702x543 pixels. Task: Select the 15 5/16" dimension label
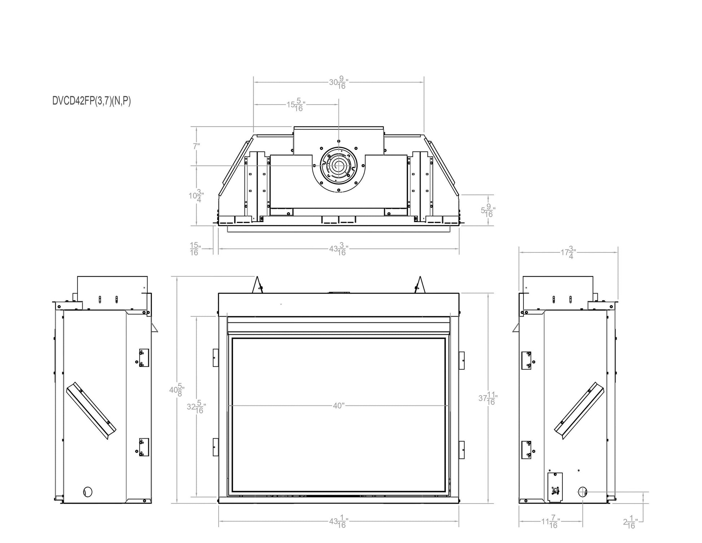point(296,105)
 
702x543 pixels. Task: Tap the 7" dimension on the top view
point(196,146)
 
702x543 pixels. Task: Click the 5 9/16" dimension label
point(488,210)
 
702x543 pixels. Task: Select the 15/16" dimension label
point(195,249)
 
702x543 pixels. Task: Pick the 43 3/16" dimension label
point(338,249)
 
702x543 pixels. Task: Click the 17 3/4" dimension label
point(568,252)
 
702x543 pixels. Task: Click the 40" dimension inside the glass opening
point(339,406)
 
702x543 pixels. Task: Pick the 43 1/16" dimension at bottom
point(338,522)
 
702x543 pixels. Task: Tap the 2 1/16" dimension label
point(630,522)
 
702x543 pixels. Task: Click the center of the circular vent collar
point(339,166)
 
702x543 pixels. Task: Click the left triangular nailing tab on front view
point(258,286)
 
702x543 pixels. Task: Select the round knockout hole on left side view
point(88,491)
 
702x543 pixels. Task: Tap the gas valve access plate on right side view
point(555,487)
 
